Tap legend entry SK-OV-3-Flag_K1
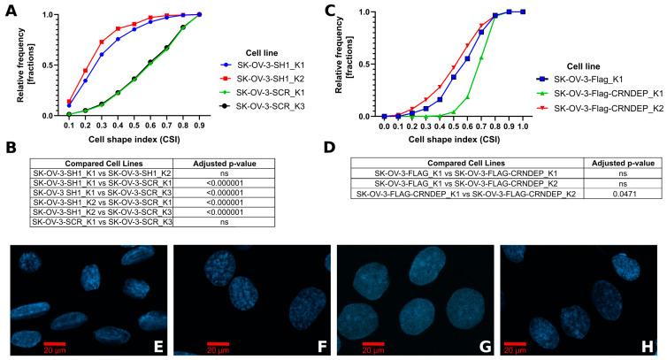pos(580,77)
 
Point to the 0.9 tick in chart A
pos(200,126)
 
